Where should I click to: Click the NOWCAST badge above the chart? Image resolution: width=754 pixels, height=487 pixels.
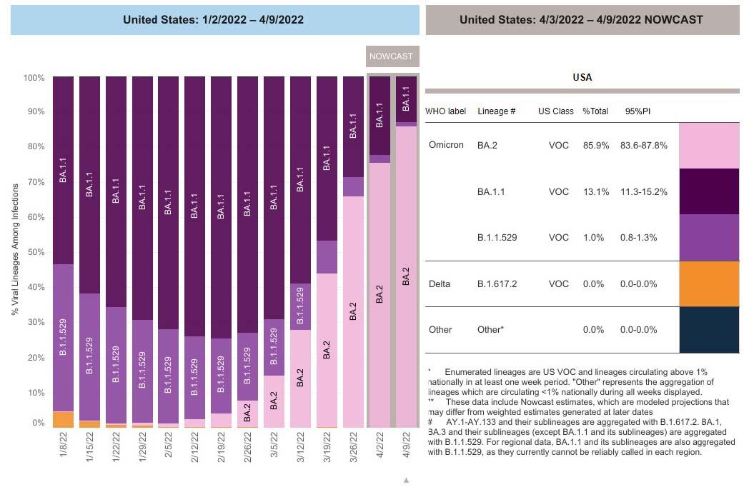pyautogui.click(x=390, y=56)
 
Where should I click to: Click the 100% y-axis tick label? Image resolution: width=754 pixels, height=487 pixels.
pyautogui.click(x=34, y=77)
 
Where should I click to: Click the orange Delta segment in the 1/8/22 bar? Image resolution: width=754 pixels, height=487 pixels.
pyautogui.click(x=63, y=419)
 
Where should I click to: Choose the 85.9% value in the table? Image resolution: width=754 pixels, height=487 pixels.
pyautogui.click(x=595, y=145)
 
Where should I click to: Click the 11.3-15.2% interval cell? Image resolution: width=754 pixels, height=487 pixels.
pyautogui.click(x=645, y=191)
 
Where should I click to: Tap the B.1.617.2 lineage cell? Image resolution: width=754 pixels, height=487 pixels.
pyautogui.click(x=497, y=283)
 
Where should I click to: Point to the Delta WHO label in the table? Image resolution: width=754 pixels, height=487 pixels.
pyautogui.click(x=440, y=283)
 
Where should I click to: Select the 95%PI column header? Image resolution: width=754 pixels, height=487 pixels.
pyautogui.click(x=637, y=111)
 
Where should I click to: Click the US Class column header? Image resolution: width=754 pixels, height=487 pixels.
pyautogui.click(x=556, y=111)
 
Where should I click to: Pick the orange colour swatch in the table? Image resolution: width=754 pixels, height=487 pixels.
pyautogui.click(x=709, y=283)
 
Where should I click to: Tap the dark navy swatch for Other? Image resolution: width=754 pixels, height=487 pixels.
pyautogui.click(x=709, y=329)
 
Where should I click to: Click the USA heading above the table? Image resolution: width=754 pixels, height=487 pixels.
pyautogui.click(x=582, y=77)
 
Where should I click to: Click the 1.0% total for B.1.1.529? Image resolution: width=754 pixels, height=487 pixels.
pyautogui.click(x=594, y=237)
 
